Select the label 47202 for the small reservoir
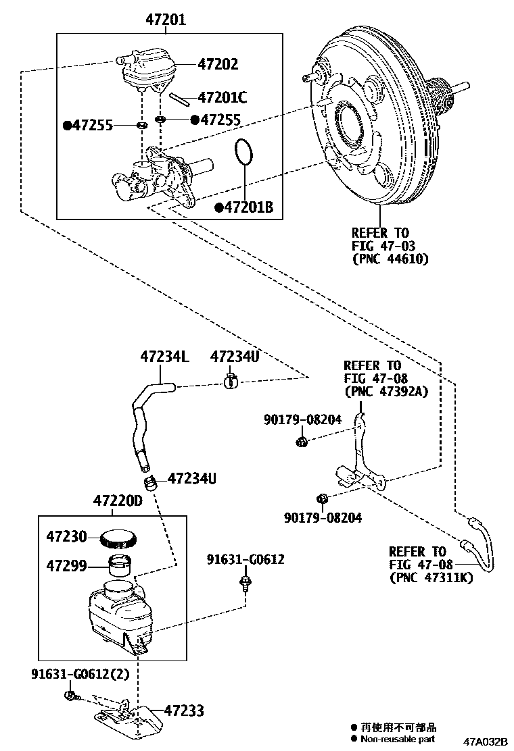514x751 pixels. pyautogui.click(x=218, y=64)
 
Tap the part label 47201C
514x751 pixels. pyautogui.click(x=223, y=98)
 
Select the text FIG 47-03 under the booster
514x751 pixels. pyautogui.click(x=383, y=246)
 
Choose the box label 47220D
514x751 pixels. pyautogui.click(x=118, y=502)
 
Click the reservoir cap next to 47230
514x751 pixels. pyautogui.click(x=119, y=538)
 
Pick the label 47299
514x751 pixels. pyautogui.click(x=66, y=565)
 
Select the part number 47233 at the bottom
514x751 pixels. pyautogui.click(x=183, y=710)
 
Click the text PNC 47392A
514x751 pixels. pyautogui.click(x=386, y=391)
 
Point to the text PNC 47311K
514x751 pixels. pyautogui.click(x=431, y=577)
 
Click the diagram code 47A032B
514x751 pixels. pyautogui.click(x=485, y=742)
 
